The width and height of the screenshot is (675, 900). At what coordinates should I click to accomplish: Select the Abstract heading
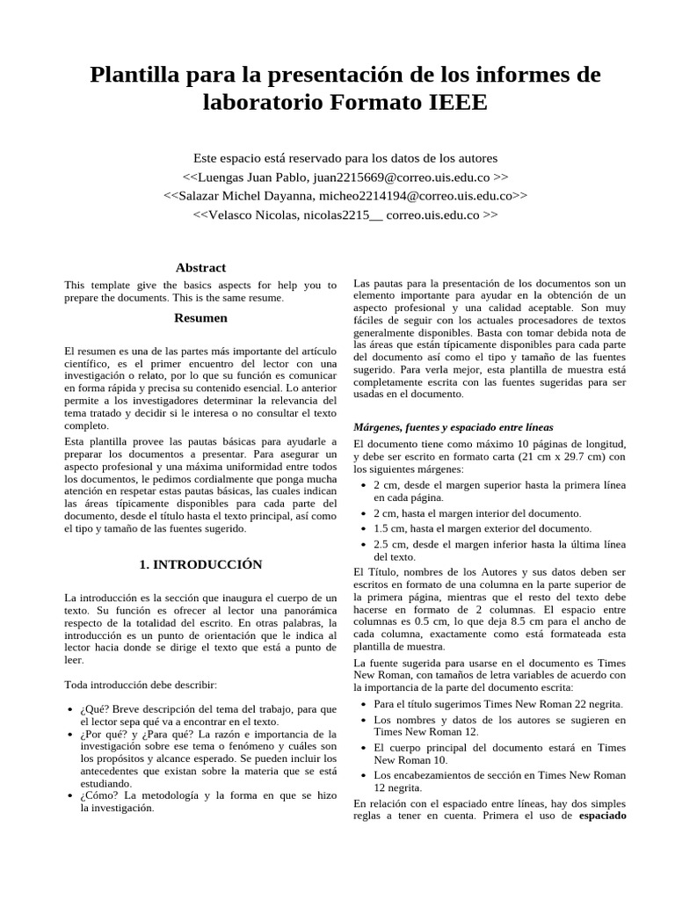tap(200, 267)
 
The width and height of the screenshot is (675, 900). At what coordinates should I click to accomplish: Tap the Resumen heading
tap(200, 317)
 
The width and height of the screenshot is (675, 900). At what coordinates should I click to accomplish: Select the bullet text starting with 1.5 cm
tap(483, 528)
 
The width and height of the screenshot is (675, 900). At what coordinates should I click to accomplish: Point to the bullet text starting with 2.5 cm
tap(498, 549)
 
